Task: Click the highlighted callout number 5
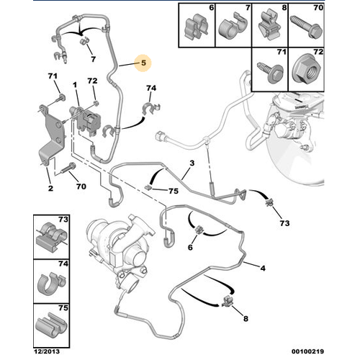point(143,63)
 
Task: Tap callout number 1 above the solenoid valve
point(75,85)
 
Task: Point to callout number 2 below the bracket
point(50,188)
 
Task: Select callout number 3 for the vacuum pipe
point(192,163)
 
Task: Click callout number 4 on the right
point(263,268)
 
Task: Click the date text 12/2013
point(47,351)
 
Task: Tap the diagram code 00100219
point(307,351)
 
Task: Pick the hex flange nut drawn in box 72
point(307,71)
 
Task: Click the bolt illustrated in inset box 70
point(306,27)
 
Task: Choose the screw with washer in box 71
point(271,73)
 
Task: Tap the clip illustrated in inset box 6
point(197,27)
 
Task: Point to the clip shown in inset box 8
point(270,27)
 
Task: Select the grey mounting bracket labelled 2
point(52,135)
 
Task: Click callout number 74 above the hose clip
point(151,88)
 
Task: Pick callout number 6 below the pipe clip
point(190,247)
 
